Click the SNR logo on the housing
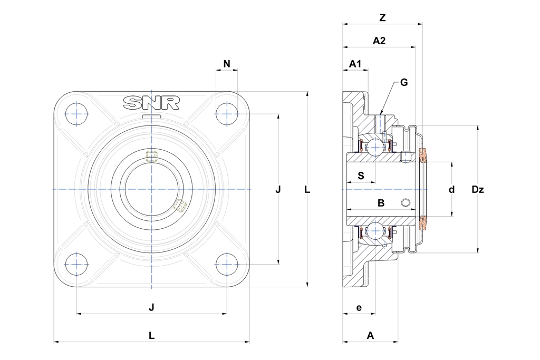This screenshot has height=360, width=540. tap(151, 103)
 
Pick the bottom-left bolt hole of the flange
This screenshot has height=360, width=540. tap(76, 264)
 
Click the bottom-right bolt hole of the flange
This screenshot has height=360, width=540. tap(227, 264)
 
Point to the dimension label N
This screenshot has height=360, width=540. tap(227, 64)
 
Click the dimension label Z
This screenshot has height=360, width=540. tap(382, 18)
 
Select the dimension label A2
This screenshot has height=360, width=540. tap(379, 41)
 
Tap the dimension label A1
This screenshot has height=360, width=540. tap(355, 64)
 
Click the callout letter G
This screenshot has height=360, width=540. tap(404, 82)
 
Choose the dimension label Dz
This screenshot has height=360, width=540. tap(478, 189)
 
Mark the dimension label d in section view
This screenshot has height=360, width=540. tap(451, 189)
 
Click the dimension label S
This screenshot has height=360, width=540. tap(361, 176)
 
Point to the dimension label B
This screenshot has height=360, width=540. tap(381, 203)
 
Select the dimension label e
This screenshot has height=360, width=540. tap(359, 308)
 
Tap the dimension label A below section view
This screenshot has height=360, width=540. tap(370, 335)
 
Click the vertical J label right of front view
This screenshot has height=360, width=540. tap(278, 189)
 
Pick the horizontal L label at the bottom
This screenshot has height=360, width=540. tap(151, 335)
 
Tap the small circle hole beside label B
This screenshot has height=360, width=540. tap(407, 203)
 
